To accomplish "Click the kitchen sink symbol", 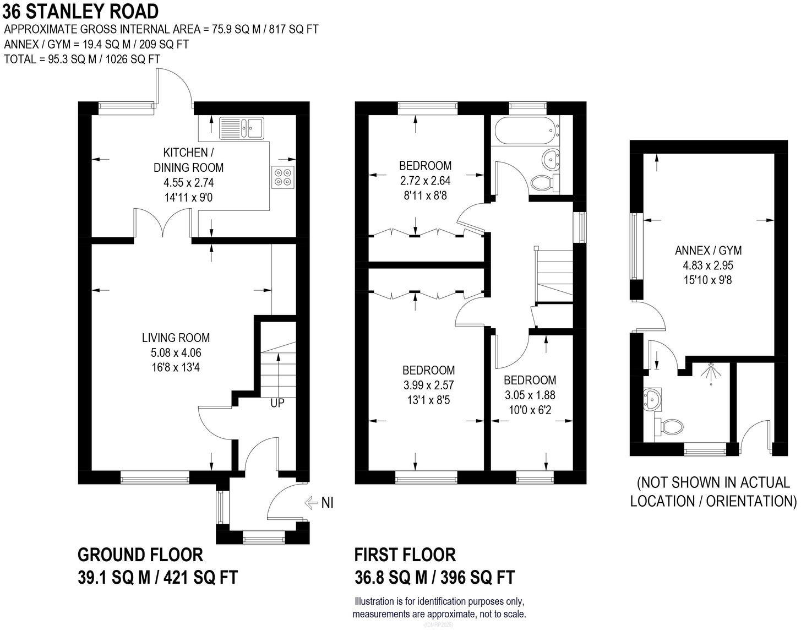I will tap(242, 128).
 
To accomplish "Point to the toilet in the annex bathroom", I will tap(669, 426).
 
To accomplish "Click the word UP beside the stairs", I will tap(277, 403).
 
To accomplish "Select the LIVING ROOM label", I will tap(176, 338).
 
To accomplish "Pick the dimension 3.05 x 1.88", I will tap(530, 395).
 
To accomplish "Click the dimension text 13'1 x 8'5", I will tap(428, 400).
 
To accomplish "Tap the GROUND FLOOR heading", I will tap(140, 554).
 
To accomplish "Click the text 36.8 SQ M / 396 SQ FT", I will tap(434, 577).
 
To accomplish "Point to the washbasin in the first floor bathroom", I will tap(549, 160).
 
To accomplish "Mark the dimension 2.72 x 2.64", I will tap(425, 180).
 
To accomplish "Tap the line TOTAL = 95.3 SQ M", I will tap(82, 59).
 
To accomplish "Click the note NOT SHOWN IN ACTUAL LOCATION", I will tap(713, 492).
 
